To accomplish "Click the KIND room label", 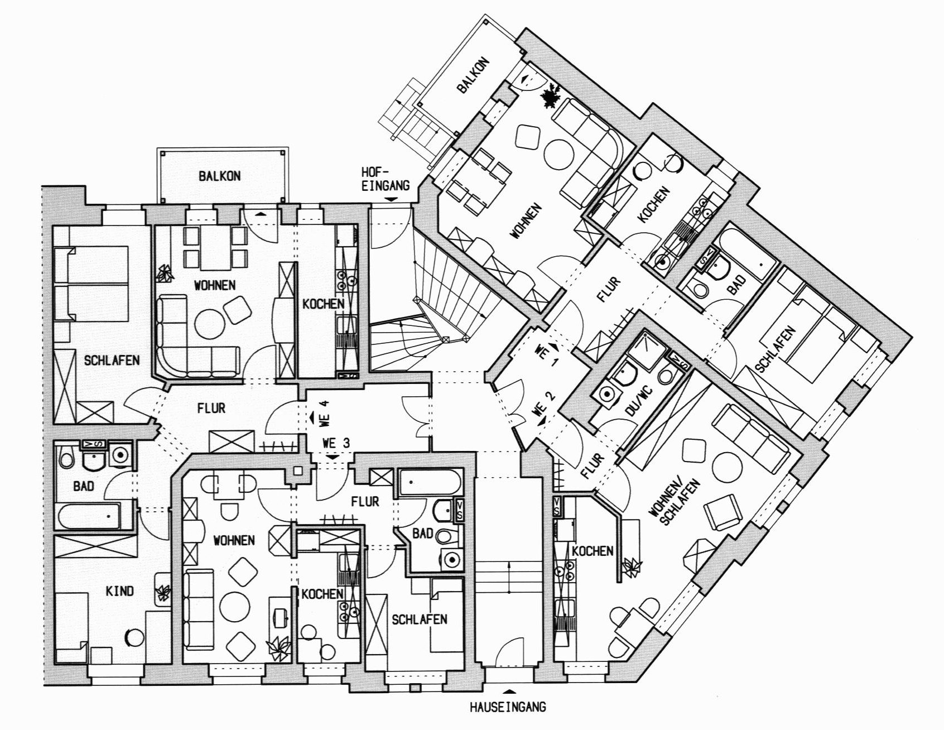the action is [120, 590].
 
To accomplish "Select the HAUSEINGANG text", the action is [507, 708].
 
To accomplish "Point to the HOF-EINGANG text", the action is [386, 179].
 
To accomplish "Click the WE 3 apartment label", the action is [336, 443].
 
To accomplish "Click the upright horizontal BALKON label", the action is [219, 176].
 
